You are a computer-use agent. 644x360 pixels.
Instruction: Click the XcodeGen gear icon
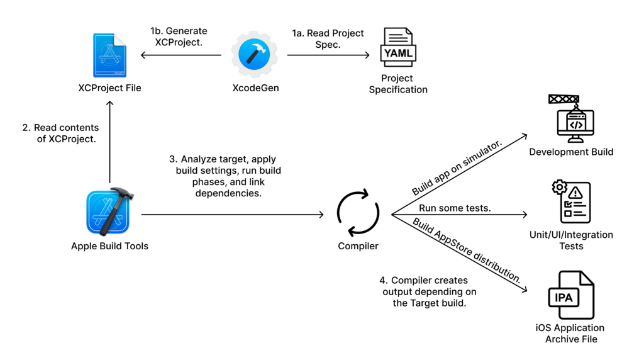pos(254,55)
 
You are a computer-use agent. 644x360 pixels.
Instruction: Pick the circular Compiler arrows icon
pos(358,214)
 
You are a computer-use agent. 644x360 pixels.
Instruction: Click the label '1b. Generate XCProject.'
pos(178,36)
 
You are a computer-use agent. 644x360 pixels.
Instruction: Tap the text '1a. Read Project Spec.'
pos(328,38)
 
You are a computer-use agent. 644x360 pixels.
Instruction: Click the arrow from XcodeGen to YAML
pos(328,55)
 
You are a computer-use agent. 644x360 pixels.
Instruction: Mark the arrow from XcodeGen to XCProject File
pos(181,55)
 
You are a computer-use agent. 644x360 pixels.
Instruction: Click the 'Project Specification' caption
pos(397,84)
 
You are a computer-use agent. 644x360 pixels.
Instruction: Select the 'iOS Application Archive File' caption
pos(570,334)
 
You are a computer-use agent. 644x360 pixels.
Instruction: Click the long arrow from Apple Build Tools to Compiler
pos(233,215)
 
